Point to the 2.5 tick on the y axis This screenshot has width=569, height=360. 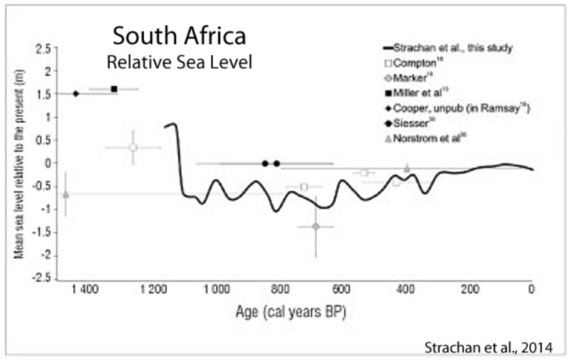(42, 48)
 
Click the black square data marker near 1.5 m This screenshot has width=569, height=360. (114, 88)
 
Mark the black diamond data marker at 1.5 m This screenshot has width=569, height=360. (76, 93)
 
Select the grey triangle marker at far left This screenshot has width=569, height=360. (65, 194)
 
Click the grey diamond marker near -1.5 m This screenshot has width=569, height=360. (316, 226)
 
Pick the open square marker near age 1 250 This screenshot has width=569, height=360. (133, 147)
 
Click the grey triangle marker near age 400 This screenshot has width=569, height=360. (407, 168)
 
